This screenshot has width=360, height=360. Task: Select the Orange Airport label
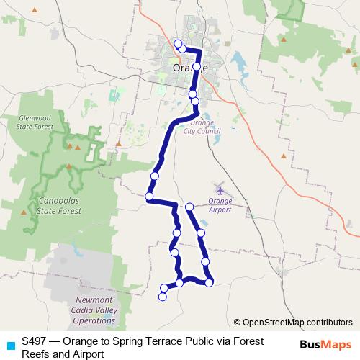click(x=220, y=205)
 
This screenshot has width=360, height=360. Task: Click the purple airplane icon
click(x=219, y=188)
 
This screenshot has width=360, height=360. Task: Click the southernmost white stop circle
click(x=163, y=297)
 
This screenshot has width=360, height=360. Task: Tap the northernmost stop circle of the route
click(x=178, y=44)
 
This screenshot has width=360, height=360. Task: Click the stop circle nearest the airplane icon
click(x=189, y=207)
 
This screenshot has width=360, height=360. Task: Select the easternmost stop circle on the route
click(x=209, y=283)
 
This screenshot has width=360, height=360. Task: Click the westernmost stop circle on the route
click(x=149, y=196)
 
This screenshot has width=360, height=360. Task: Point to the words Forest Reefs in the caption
click(x=231, y=341)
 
